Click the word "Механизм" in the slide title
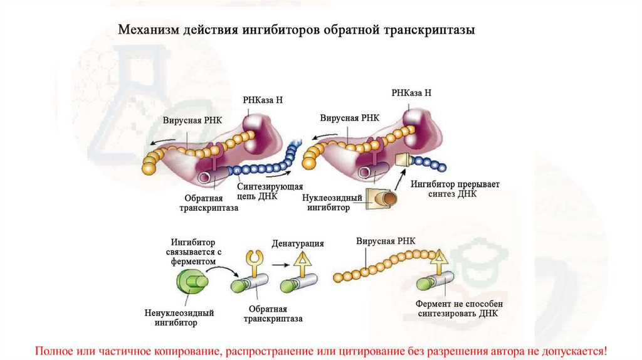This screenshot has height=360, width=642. pos(145,29)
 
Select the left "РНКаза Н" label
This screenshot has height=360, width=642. pos(263,100)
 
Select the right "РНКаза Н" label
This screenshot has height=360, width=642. pos(411,93)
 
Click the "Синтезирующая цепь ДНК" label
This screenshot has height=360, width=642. pos(271,192)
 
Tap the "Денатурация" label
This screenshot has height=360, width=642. pos(298,243)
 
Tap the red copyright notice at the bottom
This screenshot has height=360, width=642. pos(321,349)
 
